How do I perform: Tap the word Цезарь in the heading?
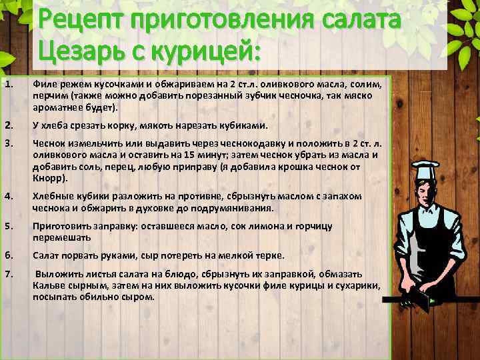76,51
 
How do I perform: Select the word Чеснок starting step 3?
48,143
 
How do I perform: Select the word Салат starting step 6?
45,255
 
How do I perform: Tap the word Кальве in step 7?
47,285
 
